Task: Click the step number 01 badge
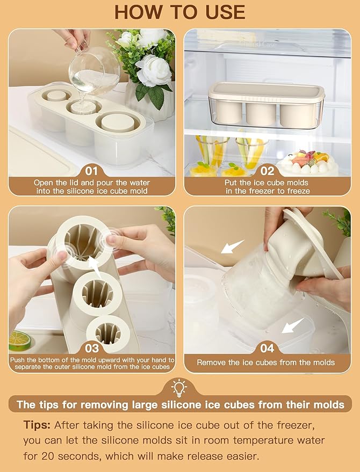91,171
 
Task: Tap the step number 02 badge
267,171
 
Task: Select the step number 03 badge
91,348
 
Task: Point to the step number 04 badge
267,348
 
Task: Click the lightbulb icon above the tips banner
179,388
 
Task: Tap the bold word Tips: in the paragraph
37,425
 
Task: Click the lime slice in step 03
19,340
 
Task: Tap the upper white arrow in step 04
233,246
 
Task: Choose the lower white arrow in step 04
293,326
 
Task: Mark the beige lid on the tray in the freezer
267,91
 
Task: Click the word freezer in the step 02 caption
268,191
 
